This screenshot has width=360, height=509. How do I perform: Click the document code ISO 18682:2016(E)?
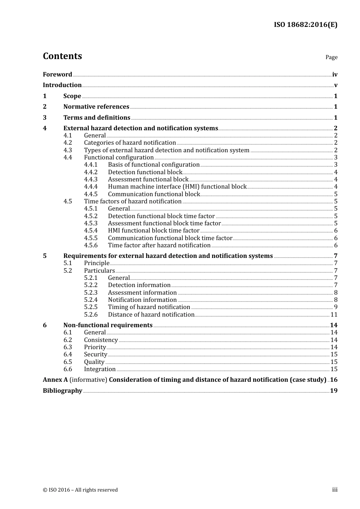305,25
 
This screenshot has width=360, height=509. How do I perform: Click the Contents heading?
62,56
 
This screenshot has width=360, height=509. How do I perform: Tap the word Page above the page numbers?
331,57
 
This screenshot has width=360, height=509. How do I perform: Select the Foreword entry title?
57,74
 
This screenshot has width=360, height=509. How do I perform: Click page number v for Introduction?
336,85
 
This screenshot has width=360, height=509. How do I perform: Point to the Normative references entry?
96,107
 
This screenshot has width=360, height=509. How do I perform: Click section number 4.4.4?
91,187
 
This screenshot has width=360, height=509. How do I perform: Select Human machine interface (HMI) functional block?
177,187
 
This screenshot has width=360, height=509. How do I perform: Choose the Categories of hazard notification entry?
130,143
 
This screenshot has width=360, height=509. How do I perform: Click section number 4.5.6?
91,245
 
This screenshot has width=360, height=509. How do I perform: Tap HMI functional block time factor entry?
153,231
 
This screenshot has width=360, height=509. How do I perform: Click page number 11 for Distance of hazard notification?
334,315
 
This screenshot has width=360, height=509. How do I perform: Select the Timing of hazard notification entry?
149,307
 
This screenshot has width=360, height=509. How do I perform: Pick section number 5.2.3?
91,293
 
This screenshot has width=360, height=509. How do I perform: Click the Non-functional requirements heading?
108,325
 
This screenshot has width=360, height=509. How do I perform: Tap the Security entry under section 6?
95,354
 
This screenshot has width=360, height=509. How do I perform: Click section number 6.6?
67,369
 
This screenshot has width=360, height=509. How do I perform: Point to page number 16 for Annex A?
334,380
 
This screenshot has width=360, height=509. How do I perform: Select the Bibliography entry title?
63,391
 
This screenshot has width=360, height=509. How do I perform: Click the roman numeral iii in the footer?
335,490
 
